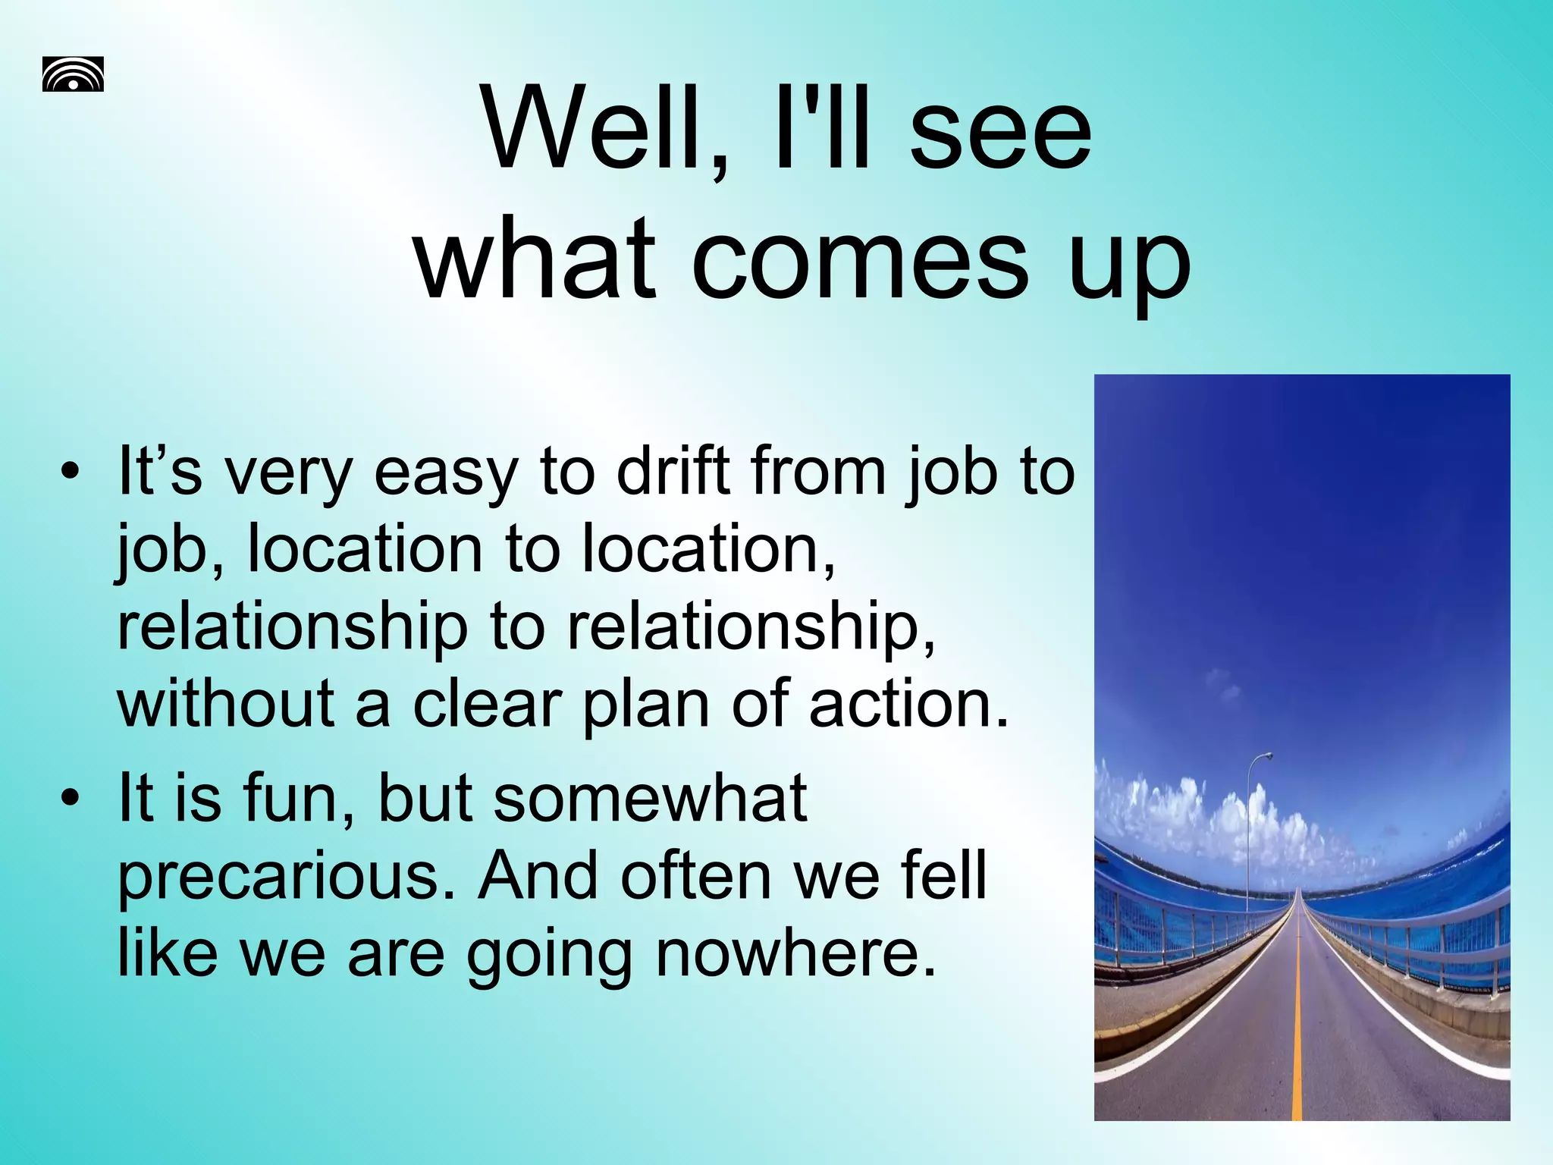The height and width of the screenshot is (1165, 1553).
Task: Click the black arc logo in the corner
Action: [x=73, y=74]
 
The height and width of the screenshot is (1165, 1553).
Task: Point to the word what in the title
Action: [x=535, y=259]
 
